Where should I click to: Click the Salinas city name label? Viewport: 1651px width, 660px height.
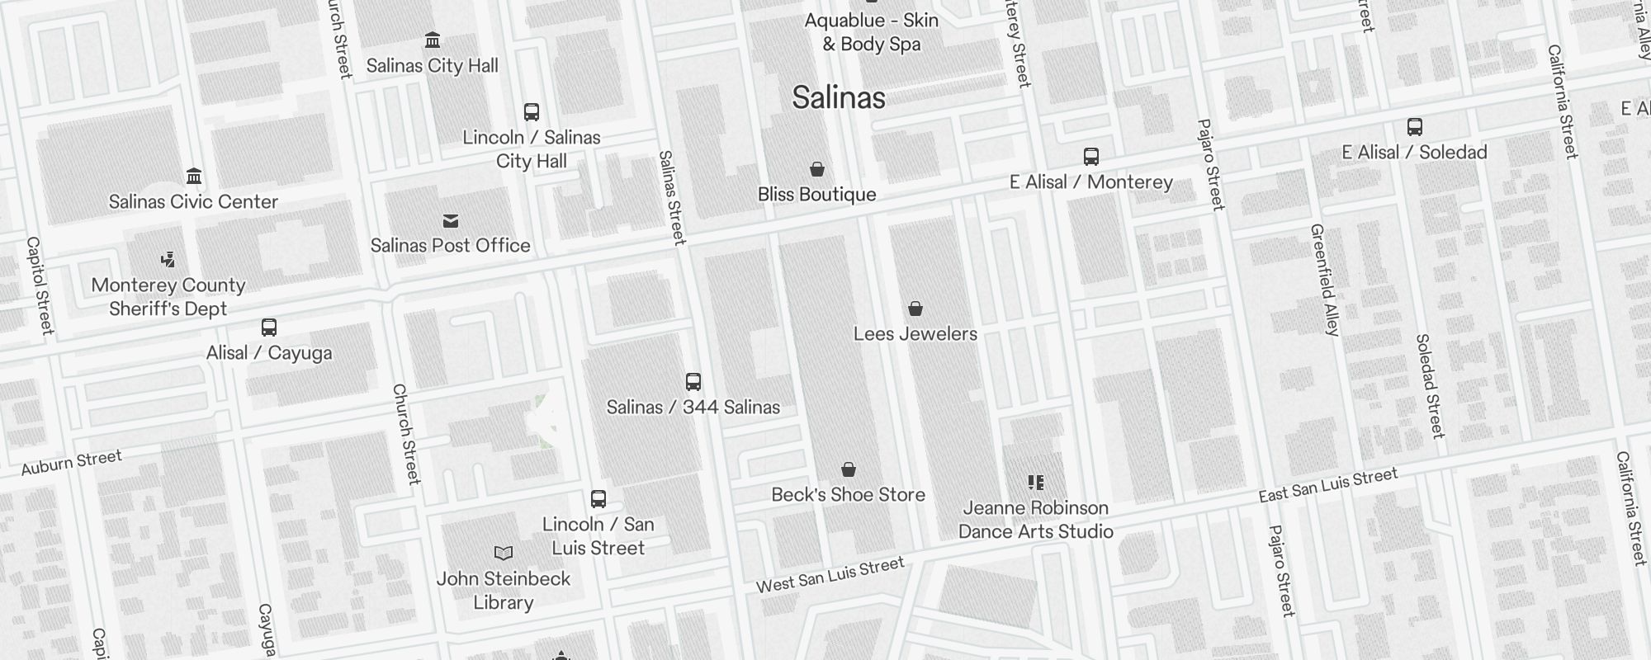point(839,97)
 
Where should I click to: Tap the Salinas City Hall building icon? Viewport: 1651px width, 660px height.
point(432,40)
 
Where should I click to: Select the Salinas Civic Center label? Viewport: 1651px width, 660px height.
point(193,201)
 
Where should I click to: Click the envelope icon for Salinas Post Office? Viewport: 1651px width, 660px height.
point(450,221)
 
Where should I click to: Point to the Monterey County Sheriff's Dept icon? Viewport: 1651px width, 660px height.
point(168,261)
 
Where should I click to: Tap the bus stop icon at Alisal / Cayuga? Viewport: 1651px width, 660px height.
point(269,328)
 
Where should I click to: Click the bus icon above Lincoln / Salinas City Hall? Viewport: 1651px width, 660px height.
point(532,112)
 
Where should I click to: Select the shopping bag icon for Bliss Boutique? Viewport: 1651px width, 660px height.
point(816,170)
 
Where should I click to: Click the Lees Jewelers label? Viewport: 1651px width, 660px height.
point(915,333)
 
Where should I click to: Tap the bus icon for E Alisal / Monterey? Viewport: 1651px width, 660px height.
point(1090,157)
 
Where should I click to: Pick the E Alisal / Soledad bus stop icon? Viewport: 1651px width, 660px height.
point(1414,127)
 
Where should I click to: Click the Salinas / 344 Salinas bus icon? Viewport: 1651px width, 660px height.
point(693,382)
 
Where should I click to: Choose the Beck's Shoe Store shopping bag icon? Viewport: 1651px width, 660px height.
point(848,470)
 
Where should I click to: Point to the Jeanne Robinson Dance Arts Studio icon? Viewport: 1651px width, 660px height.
point(1035,483)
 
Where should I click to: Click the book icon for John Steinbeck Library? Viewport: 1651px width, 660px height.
point(503,553)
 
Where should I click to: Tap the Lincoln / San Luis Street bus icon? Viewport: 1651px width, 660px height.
point(598,499)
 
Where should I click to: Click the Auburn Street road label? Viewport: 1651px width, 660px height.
point(72,463)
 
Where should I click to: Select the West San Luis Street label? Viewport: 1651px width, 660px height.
point(830,574)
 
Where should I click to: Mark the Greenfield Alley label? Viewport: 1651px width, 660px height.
point(1324,280)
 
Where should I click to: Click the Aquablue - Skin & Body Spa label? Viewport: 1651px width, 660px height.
point(872,32)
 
